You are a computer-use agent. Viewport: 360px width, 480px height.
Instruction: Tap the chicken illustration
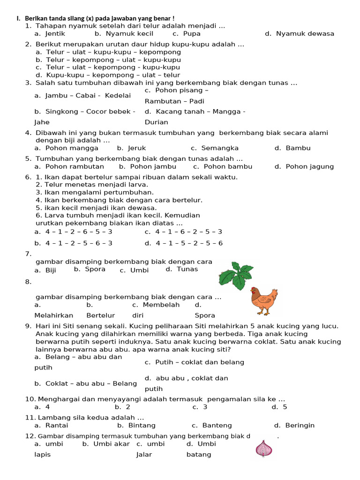264,301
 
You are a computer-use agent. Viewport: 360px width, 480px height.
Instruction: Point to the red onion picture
264,449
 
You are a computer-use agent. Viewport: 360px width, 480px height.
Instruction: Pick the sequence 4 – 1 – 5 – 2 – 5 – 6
184,243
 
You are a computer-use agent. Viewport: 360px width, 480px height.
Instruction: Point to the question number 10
30,399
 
